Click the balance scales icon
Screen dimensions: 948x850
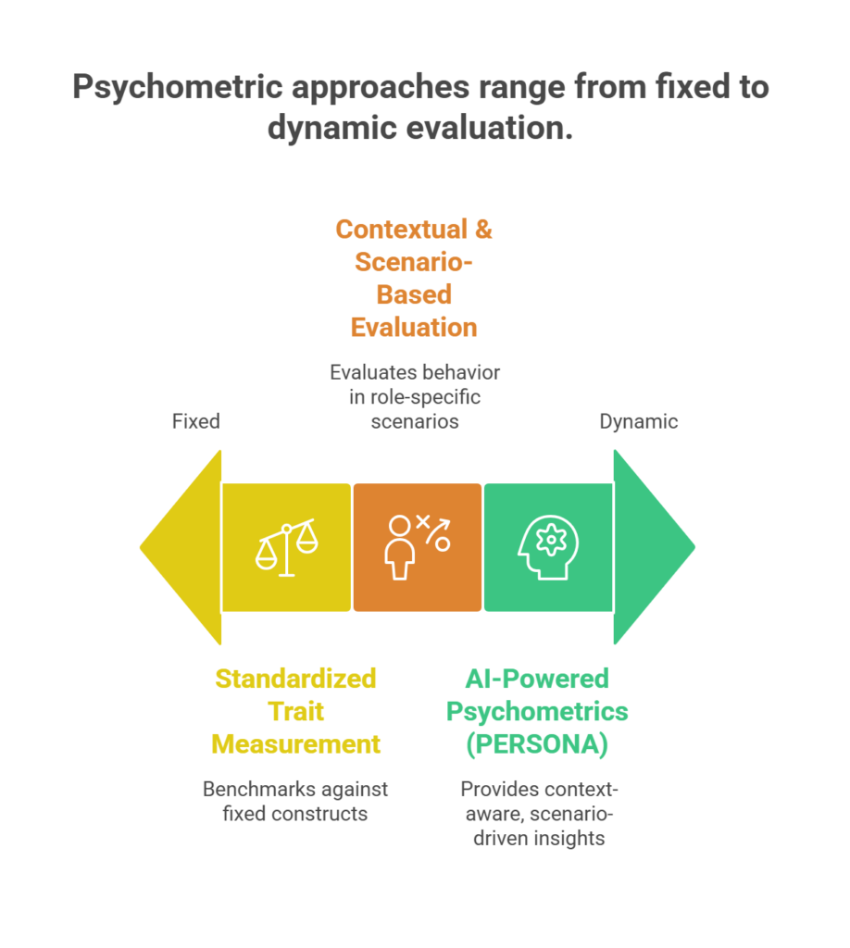click(x=286, y=548)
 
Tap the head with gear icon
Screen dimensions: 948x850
click(x=547, y=547)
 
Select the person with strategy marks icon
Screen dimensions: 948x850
click(x=417, y=547)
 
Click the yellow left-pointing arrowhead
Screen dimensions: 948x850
click(x=181, y=546)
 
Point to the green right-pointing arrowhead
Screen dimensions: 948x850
click(x=653, y=546)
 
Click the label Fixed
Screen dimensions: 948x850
click(x=195, y=421)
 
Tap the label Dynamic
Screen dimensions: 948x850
click(x=638, y=421)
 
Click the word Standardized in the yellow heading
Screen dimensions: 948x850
click(x=295, y=679)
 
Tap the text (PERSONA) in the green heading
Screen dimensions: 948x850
click(x=536, y=744)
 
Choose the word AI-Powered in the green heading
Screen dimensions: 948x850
click(x=536, y=679)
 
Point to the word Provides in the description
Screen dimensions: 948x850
click(x=497, y=790)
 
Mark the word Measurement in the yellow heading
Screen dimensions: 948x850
click(x=295, y=744)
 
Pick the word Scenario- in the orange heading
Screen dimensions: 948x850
click(x=414, y=261)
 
